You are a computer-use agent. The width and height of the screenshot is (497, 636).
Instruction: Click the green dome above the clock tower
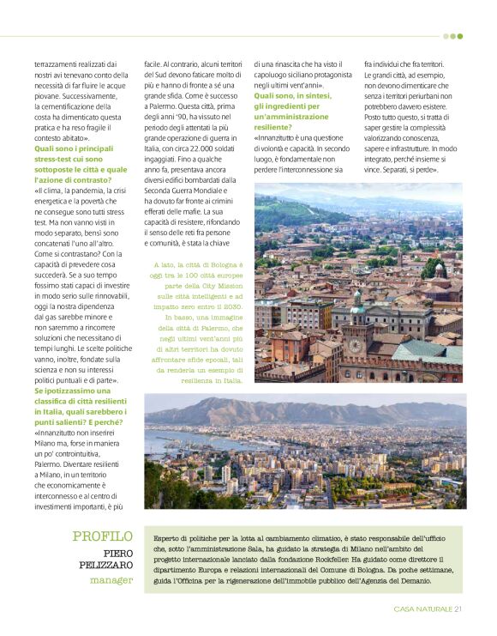point(356,304)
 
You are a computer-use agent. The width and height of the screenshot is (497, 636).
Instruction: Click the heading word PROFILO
point(103,536)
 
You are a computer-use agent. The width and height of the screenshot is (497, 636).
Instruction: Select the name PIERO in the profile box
point(118,554)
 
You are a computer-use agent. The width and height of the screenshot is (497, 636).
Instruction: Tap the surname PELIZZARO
point(105,566)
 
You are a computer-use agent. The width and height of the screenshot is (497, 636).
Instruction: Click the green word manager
point(111,580)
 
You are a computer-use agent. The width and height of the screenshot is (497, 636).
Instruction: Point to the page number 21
point(458,609)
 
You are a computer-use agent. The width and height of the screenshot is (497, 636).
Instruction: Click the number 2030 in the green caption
point(231,306)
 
